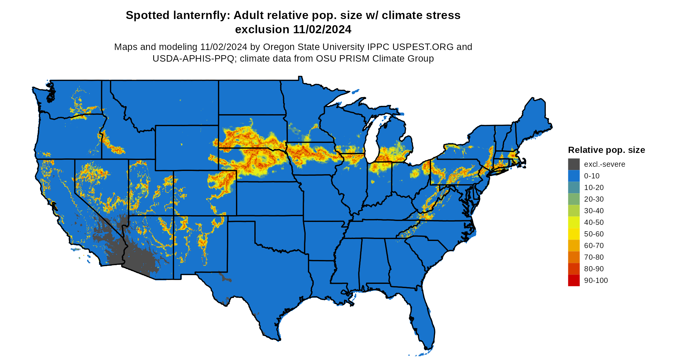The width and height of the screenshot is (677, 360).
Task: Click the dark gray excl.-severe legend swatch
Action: click(574, 164)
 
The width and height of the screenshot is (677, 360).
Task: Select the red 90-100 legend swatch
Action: click(574, 280)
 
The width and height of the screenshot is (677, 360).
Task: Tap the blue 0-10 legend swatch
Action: click(574, 176)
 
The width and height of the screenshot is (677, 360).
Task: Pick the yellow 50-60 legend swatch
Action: click(574, 234)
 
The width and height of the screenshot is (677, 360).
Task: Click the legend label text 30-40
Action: click(594, 211)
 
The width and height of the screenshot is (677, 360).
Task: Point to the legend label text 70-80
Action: click(594, 257)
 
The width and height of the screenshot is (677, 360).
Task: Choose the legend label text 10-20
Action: click(594, 187)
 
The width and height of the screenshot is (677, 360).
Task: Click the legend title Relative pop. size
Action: click(606, 150)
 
